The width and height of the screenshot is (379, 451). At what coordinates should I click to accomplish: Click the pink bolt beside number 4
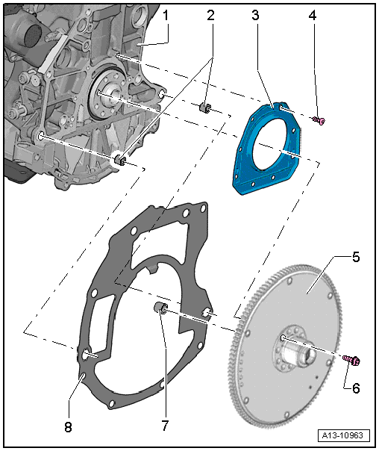point(319,120)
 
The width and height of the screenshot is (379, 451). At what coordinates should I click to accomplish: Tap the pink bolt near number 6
point(352,361)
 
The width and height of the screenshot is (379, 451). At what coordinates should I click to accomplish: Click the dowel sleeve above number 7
point(160,309)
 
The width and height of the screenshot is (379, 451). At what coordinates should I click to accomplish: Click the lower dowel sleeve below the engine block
point(120,160)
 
